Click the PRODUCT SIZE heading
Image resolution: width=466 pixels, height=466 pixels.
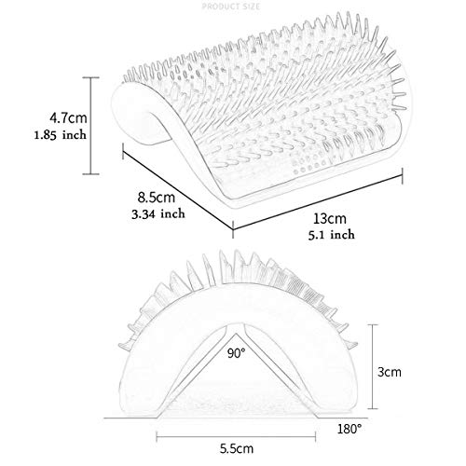point(231,7)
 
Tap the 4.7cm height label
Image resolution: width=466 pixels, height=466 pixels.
point(68,117)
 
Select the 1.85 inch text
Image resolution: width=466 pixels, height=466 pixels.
point(61,135)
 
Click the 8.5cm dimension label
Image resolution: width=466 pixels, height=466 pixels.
point(157,198)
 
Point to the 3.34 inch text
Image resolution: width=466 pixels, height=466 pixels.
point(158,213)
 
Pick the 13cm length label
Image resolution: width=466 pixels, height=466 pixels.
point(329,218)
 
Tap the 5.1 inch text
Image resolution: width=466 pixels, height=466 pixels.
point(331,234)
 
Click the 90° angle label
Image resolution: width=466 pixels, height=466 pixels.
point(236,353)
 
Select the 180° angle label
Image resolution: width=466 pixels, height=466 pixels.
point(349,429)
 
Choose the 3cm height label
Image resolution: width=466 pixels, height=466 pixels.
point(390,372)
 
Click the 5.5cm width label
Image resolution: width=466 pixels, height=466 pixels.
point(237,448)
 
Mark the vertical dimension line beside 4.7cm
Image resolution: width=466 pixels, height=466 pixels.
point(90,126)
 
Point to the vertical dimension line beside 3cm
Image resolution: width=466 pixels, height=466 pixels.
point(373,366)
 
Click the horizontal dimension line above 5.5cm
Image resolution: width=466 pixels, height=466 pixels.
point(236,437)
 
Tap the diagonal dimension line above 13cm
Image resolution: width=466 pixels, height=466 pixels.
point(318,202)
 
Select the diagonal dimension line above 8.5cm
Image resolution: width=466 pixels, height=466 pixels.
point(178,190)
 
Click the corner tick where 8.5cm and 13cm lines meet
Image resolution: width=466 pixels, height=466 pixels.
point(233,229)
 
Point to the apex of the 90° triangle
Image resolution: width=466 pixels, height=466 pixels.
point(236,334)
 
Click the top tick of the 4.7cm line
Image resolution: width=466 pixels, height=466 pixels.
point(90,77)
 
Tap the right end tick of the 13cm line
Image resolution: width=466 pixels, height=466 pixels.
point(403,176)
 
